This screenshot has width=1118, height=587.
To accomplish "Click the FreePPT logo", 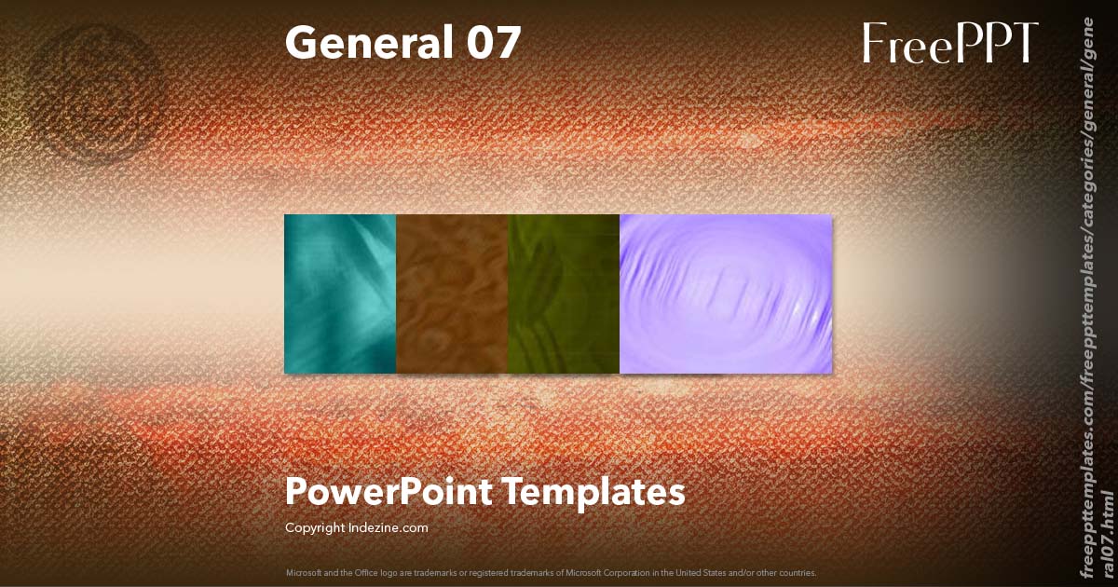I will tap(949, 43).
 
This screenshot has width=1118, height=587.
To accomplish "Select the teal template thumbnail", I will tap(340, 293).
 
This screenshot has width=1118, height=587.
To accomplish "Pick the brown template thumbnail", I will tap(452, 293).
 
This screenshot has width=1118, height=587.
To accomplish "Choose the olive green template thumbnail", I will tap(564, 293).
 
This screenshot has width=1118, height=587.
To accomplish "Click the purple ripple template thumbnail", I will tap(726, 293).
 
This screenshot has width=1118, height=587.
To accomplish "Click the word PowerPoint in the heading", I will tap(389, 492).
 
